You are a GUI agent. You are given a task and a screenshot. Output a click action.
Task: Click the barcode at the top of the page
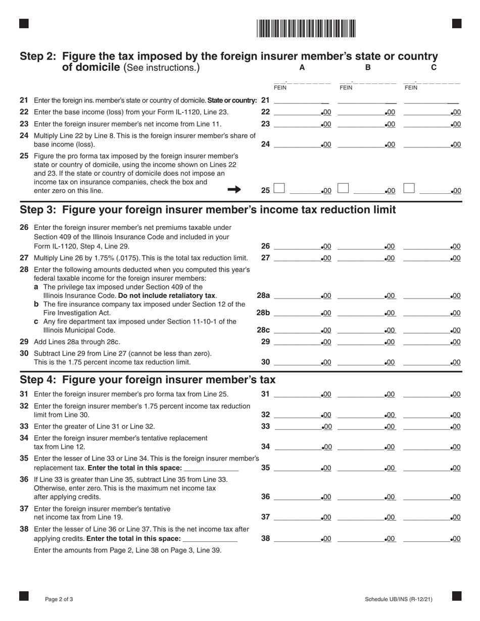(x=306, y=28)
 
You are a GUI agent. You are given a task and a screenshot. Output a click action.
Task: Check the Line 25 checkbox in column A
(x=279, y=189)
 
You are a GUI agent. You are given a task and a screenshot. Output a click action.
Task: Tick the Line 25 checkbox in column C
(x=409, y=189)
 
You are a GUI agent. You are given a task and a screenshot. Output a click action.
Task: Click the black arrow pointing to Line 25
(x=234, y=189)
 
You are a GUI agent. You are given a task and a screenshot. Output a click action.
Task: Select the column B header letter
(x=368, y=67)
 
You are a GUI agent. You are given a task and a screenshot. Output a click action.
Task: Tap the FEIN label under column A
(x=280, y=88)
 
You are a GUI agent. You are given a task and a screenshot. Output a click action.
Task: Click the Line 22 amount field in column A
(x=297, y=112)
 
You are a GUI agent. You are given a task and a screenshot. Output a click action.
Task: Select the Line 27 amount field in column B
(x=361, y=258)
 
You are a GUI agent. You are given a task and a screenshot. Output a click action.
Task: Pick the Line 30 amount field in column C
(x=426, y=362)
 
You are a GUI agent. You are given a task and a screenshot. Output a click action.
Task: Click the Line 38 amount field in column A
(x=297, y=539)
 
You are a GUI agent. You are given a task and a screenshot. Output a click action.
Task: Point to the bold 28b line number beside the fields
(x=263, y=313)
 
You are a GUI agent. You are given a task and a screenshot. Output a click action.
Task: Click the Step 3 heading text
(x=207, y=210)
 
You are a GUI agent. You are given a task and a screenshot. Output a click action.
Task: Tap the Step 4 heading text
(x=148, y=380)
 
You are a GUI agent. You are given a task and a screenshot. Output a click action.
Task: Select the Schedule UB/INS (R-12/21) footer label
(x=399, y=599)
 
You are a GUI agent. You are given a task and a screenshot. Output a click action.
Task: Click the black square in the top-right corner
(x=457, y=23)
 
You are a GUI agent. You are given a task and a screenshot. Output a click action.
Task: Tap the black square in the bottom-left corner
(x=24, y=596)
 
